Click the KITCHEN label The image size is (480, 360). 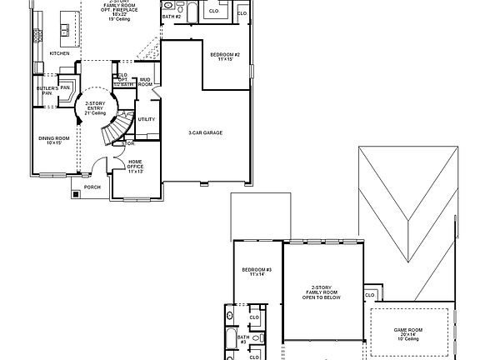(60, 53)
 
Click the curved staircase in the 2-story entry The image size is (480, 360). (114, 129)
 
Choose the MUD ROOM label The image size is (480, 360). (145, 82)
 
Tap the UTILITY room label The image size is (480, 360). (147, 119)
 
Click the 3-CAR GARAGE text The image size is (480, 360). (206, 132)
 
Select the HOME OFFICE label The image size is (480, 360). (134, 165)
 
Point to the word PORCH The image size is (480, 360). (92, 187)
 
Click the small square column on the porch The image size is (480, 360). (76, 195)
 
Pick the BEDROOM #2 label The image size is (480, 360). (225, 57)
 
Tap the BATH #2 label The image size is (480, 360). (171, 16)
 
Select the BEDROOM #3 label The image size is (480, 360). (257, 271)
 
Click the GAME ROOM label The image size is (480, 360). (408, 330)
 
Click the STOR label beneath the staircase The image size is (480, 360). (128, 143)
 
